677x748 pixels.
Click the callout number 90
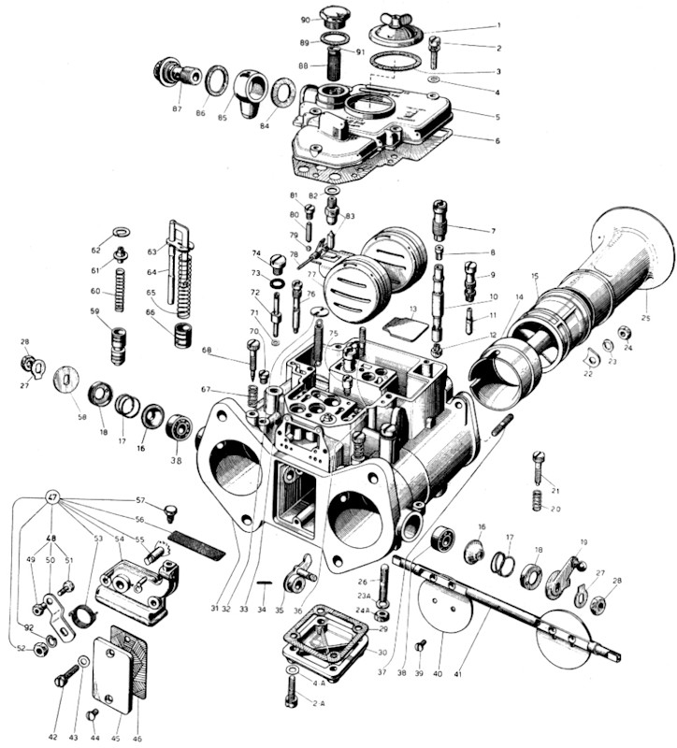305,20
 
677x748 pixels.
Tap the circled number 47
52,500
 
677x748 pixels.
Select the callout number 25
646,319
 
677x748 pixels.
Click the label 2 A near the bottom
319,702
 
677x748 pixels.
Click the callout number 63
151,252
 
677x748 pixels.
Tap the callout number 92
30,628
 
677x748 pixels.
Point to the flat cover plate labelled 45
108,675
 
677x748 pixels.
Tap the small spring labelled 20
537,500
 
